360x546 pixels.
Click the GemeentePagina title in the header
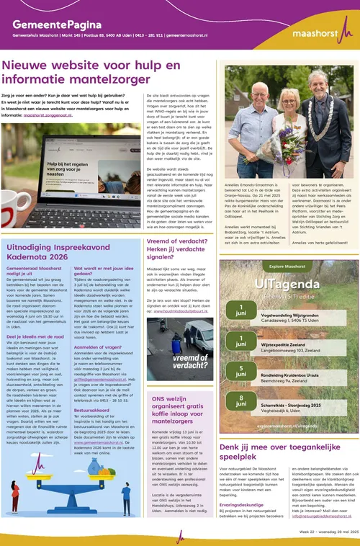click(55, 24)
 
